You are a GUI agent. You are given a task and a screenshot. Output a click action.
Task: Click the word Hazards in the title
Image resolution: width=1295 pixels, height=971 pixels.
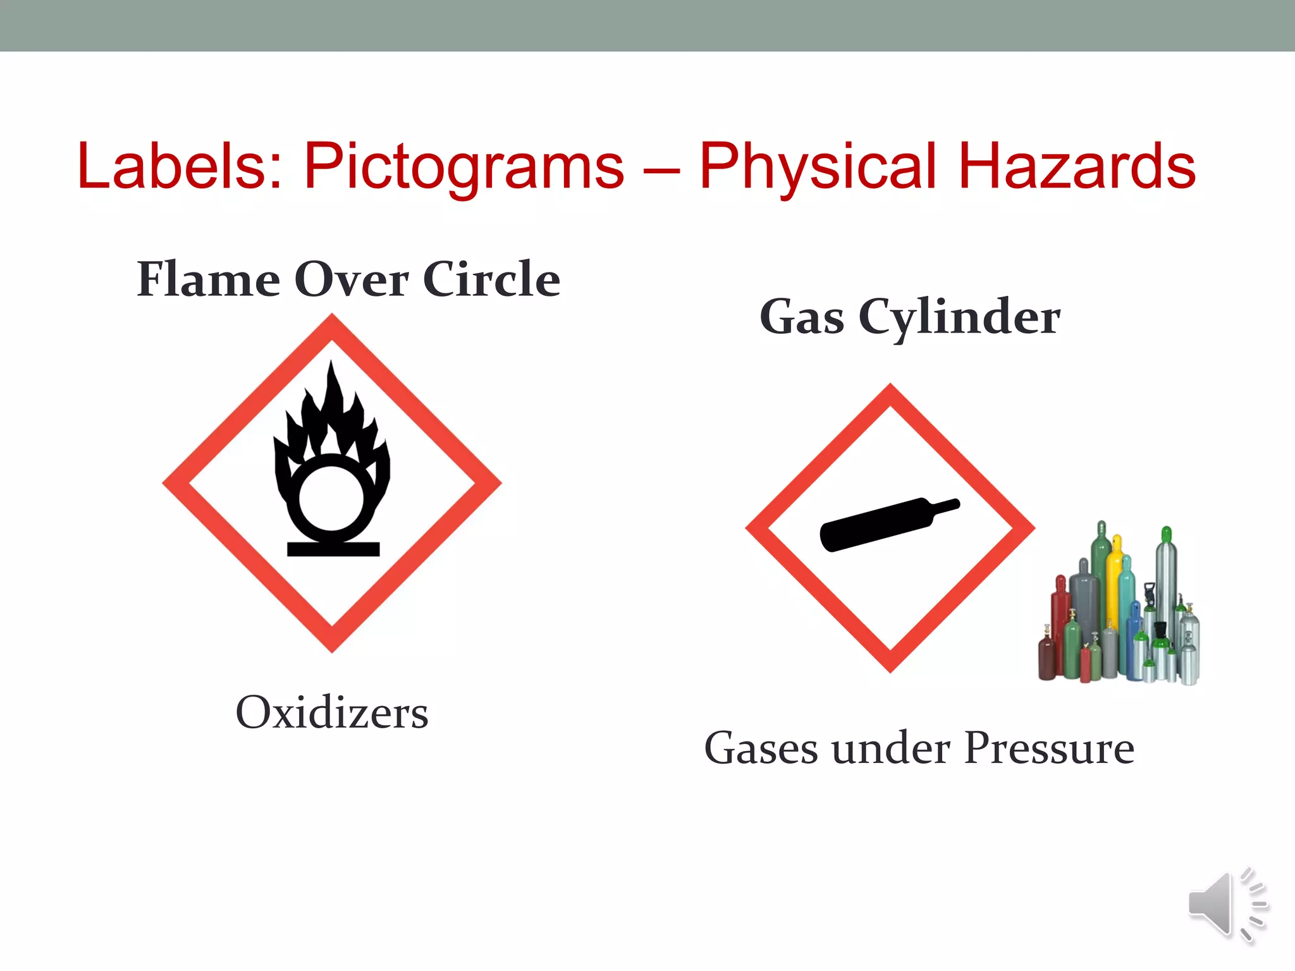point(1077,166)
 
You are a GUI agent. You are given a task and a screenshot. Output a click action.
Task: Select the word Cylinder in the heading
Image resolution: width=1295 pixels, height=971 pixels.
point(959,318)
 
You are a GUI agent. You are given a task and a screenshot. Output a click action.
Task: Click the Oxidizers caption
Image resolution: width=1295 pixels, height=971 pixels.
point(332,712)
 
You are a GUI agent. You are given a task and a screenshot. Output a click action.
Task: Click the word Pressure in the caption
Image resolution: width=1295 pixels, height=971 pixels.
point(1050,748)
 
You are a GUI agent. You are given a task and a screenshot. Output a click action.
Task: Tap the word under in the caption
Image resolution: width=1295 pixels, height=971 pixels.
point(891,748)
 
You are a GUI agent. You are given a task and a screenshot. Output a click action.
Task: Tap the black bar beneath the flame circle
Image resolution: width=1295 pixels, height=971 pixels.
point(333,549)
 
